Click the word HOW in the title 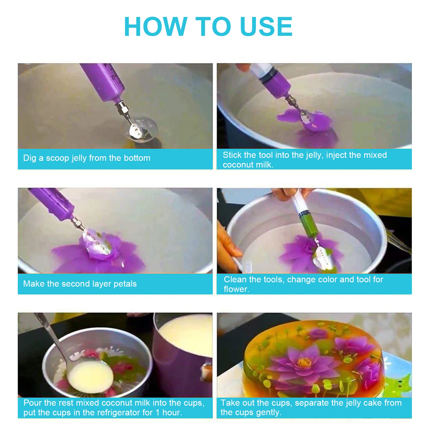coord(155,27)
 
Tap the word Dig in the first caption coord(29,158)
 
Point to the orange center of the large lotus coord(304,362)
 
